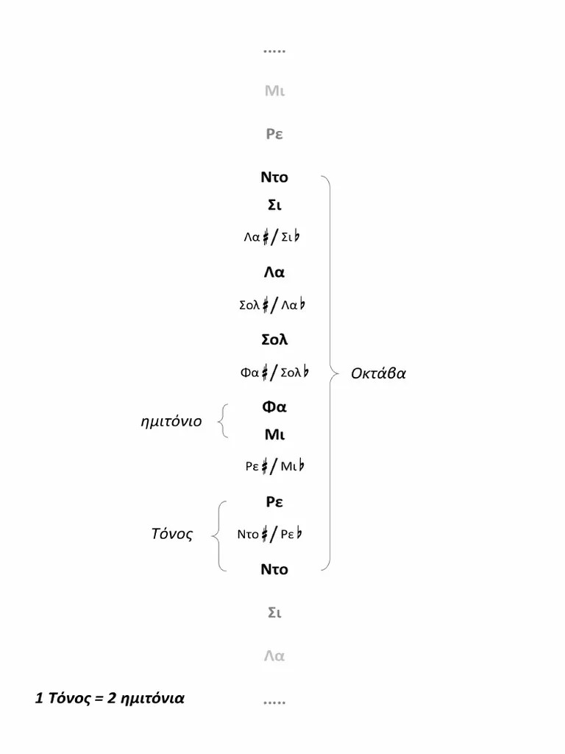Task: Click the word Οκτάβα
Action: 378,373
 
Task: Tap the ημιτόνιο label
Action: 171,422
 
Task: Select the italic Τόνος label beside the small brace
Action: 171,535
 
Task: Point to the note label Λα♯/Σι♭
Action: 274,237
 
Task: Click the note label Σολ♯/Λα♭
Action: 274,306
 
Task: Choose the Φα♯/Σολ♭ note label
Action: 274,373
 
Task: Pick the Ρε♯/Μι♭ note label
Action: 274,466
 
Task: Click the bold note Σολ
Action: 274,340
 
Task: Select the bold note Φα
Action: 274,406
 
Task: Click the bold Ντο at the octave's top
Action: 274,177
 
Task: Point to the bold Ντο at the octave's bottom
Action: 274,569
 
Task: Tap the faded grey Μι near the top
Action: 274,91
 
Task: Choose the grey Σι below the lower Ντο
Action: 274,612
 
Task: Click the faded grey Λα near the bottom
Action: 274,655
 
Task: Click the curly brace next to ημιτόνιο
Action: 223,421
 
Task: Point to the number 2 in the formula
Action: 112,698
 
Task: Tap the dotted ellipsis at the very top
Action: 274,52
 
